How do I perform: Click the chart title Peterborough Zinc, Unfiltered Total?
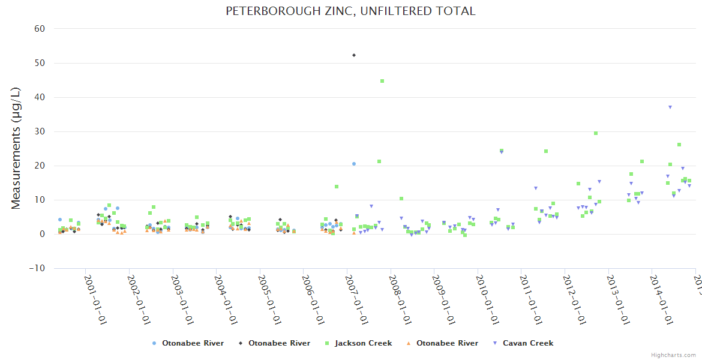(x=350, y=11)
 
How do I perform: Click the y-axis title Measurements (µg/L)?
(x=16, y=149)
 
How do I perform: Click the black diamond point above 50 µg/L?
(x=354, y=55)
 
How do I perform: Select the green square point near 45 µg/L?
(x=382, y=81)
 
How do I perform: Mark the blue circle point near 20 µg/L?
(x=354, y=164)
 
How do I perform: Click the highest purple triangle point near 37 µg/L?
(x=670, y=107)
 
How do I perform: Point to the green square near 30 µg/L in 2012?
(x=596, y=133)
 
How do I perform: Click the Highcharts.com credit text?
(x=673, y=355)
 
